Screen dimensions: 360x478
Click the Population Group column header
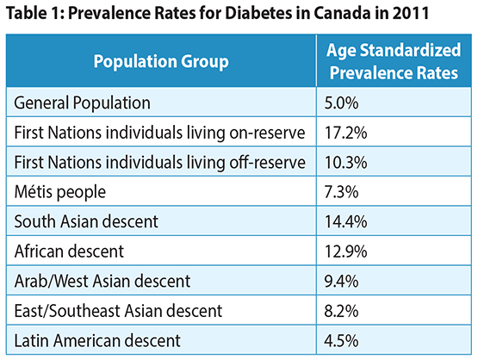160,61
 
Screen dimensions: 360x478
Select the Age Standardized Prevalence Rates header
394,61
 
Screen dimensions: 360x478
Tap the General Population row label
83,102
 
